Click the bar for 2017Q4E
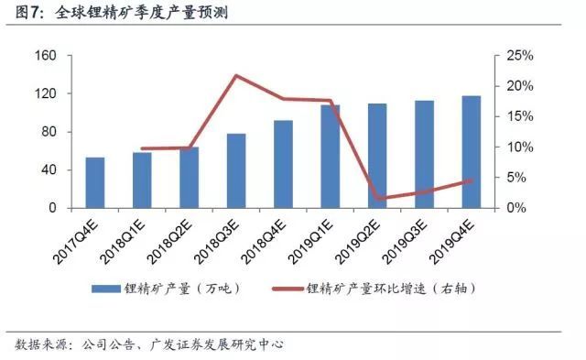[x=95, y=182]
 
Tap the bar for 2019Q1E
[x=330, y=157]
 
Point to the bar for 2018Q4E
[x=283, y=164]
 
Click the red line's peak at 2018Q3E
[x=236, y=75]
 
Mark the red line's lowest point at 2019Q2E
[x=377, y=198]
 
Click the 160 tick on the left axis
[x=46, y=56]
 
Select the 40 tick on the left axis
[x=49, y=170]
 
